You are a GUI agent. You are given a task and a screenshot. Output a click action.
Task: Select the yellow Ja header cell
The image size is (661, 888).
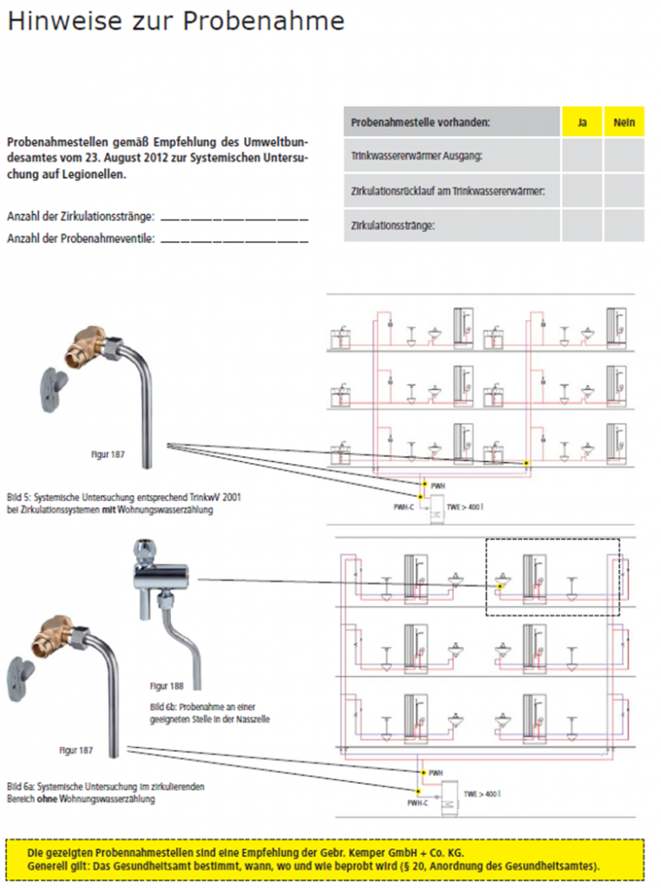pyautogui.click(x=582, y=122)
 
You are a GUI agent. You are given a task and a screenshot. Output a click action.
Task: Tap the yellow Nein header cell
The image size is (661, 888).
pyautogui.click(x=624, y=122)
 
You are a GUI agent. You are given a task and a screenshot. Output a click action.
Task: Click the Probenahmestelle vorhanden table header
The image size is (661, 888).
pyautogui.click(x=420, y=122)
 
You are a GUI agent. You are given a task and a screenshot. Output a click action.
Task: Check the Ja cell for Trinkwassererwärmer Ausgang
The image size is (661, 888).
pyautogui.click(x=582, y=156)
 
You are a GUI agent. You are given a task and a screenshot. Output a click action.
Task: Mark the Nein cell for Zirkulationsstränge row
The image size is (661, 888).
pyautogui.click(x=624, y=225)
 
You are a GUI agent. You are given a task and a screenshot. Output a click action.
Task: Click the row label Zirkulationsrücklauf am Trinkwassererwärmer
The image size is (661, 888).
pyautogui.click(x=448, y=190)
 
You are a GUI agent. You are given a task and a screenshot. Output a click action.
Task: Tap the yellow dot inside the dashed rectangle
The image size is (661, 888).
pyautogui.click(x=500, y=587)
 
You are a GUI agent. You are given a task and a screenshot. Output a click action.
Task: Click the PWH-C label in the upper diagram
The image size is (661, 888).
pyautogui.click(x=404, y=505)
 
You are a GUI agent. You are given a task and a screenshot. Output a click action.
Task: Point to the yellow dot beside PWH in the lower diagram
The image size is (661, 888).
pyautogui.click(x=422, y=772)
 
